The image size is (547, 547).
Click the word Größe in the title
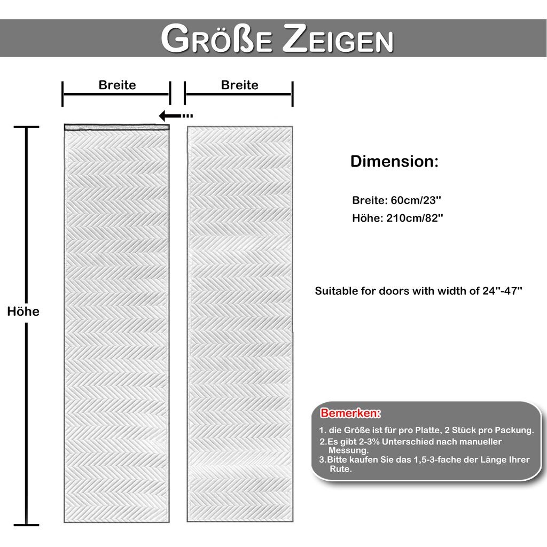click(217, 39)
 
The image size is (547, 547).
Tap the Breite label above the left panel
click(117, 85)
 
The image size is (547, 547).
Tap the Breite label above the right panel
click(239, 85)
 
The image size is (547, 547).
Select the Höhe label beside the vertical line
click(24, 311)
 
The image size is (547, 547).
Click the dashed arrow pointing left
click(176, 115)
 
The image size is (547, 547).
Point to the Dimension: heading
click(394, 162)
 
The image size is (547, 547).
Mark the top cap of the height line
click(26, 127)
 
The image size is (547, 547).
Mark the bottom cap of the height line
click(26, 525)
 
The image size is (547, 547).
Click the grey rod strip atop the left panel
click(116, 127)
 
